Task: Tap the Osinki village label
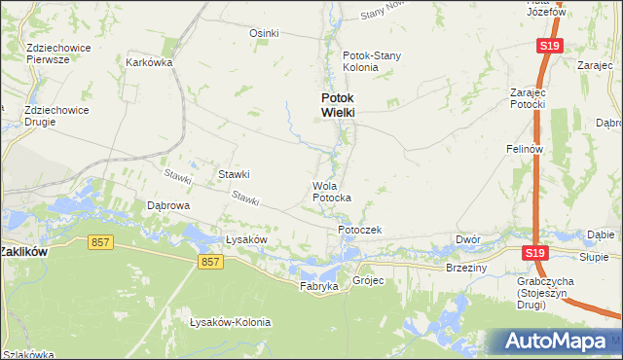click(x=264, y=33)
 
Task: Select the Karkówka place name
click(x=149, y=62)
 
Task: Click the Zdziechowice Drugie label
click(x=56, y=116)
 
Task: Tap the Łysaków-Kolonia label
click(x=230, y=322)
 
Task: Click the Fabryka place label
click(x=318, y=287)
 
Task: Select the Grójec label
click(x=370, y=280)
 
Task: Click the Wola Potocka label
click(x=331, y=192)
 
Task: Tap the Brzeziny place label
click(x=465, y=267)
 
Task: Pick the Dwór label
click(x=468, y=238)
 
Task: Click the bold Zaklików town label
click(x=24, y=250)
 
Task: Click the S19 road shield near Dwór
click(x=531, y=253)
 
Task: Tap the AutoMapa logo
click(x=557, y=342)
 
